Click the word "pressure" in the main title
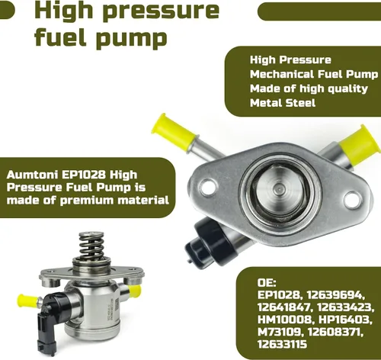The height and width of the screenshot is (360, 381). click(x=161, y=11)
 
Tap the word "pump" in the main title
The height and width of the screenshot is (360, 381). click(x=132, y=39)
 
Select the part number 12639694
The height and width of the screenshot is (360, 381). click(x=336, y=295)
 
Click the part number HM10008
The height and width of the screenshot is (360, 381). click(x=284, y=320)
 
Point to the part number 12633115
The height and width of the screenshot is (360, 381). click(x=282, y=344)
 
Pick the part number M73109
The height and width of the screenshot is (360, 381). click(x=280, y=332)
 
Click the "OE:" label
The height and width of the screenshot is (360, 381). click(x=267, y=283)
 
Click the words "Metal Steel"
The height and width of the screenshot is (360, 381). click(x=283, y=103)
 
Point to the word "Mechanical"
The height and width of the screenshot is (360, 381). click(x=282, y=74)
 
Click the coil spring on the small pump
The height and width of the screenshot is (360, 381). click(x=91, y=246)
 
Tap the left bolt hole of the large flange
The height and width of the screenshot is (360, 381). click(x=208, y=186)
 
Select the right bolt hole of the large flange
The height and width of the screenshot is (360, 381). click(x=352, y=200)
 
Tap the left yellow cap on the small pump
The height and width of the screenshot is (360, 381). click(x=27, y=301)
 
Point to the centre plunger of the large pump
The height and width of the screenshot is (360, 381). click(x=278, y=190)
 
